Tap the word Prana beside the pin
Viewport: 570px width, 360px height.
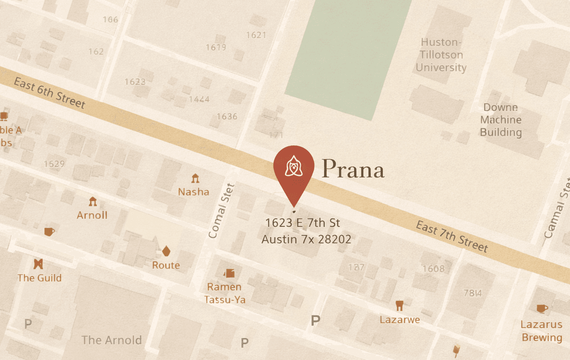tap(353, 169)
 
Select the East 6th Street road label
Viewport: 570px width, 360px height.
tap(49, 93)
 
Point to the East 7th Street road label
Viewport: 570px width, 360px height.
tap(452, 237)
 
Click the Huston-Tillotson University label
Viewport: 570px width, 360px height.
tap(441, 55)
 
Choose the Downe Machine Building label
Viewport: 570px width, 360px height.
tap(501, 120)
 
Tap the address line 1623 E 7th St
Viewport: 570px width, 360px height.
tap(303, 223)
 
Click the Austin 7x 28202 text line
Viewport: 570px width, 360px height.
tap(306, 239)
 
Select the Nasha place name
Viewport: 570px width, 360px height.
tap(194, 192)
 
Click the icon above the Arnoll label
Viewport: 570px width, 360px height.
tap(92, 202)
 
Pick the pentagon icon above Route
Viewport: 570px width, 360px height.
tap(166, 251)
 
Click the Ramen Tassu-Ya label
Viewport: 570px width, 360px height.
tap(225, 293)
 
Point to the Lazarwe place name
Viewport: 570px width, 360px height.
tap(399, 320)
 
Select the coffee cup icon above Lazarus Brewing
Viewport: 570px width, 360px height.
tap(542, 309)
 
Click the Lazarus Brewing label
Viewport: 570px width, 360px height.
tap(542, 331)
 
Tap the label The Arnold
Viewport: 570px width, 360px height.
tap(111, 340)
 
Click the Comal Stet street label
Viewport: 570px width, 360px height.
tap(221, 211)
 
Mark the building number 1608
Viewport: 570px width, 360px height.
tap(433, 269)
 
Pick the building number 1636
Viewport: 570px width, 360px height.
tap(227, 116)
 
